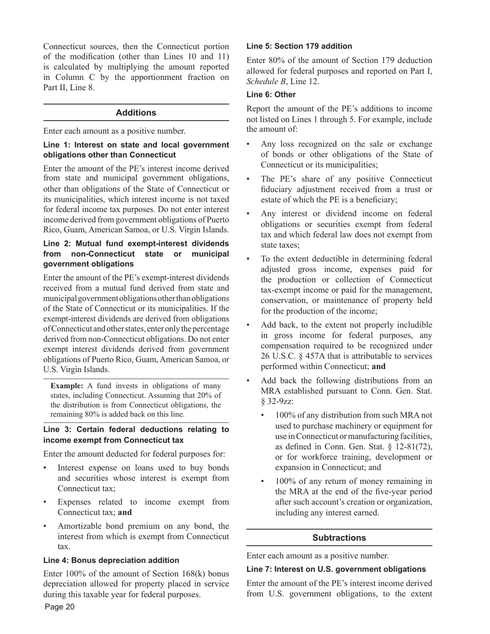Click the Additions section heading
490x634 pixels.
click(136, 112)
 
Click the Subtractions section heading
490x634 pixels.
click(339, 538)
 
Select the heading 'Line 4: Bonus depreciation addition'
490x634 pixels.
click(111, 560)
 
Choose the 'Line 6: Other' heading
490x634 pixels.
click(271, 95)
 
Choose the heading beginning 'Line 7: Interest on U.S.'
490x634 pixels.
click(336, 569)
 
